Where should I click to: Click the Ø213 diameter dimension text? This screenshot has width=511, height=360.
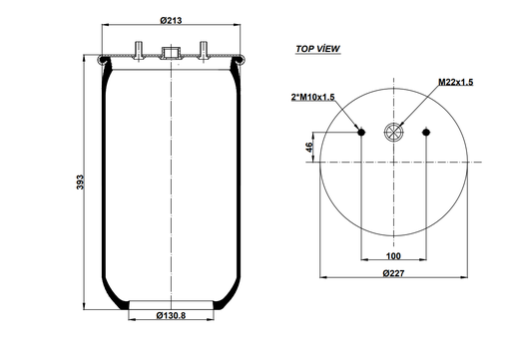(x=171, y=20)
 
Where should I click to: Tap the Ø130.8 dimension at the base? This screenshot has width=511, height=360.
(x=172, y=316)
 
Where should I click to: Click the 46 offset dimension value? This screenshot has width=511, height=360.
(x=308, y=147)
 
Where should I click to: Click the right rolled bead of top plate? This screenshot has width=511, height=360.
(x=240, y=65)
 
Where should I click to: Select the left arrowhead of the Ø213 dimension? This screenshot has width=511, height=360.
(x=104, y=28)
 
